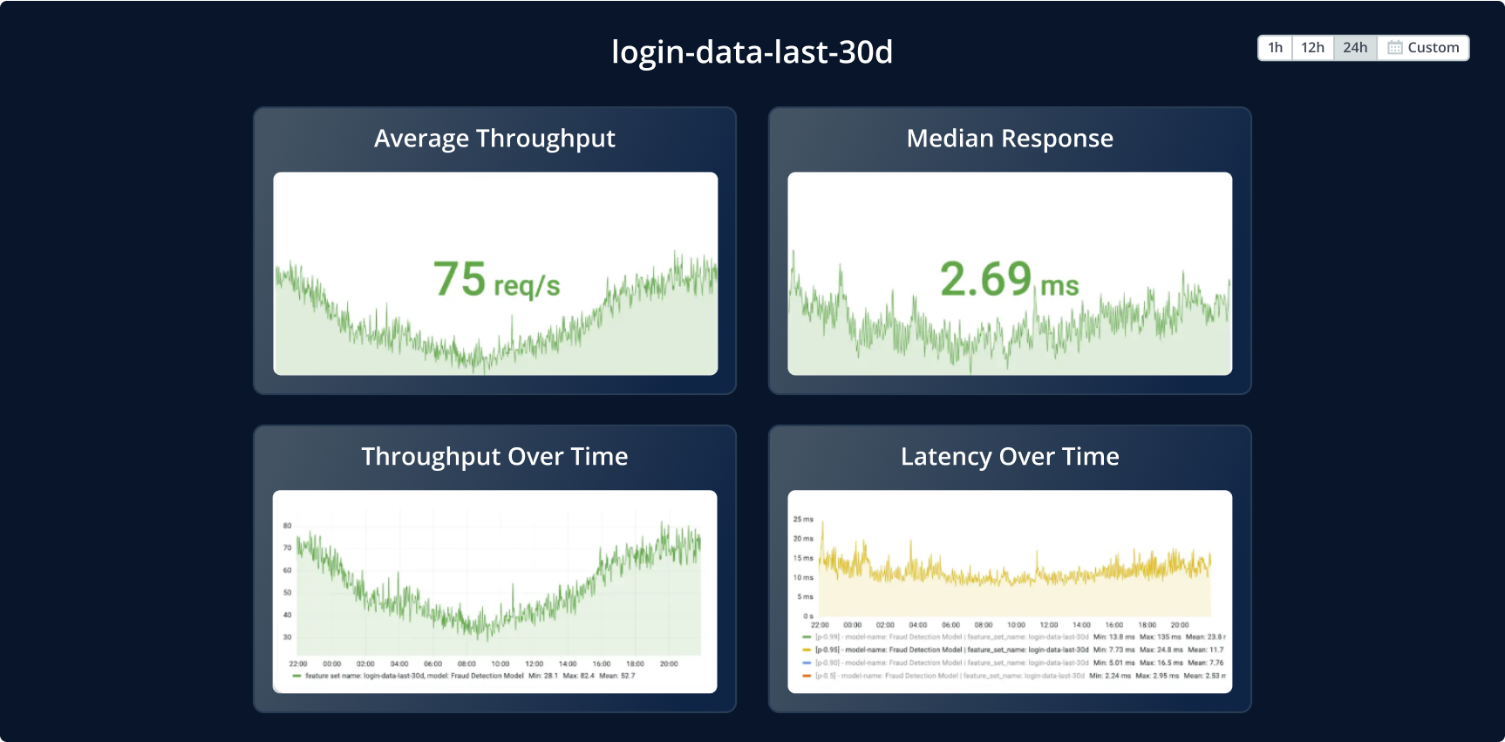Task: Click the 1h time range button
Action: pyautogui.click(x=1275, y=48)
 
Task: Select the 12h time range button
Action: pyautogui.click(x=1312, y=48)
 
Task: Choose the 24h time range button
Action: pyautogui.click(x=1355, y=48)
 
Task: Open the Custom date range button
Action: pyautogui.click(x=1424, y=48)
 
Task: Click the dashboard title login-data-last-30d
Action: pyautogui.click(x=752, y=52)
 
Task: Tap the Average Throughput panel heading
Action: pyautogui.click(x=494, y=139)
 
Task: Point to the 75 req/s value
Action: pyautogui.click(x=496, y=280)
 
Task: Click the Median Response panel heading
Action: pyautogui.click(x=1010, y=139)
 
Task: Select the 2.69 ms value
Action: pyautogui.click(x=1009, y=280)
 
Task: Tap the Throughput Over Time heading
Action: pyautogui.click(x=494, y=457)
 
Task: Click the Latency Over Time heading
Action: pyautogui.click(x=1010, y=457)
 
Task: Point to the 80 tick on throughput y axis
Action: pyautogui.click(x=288, y=526)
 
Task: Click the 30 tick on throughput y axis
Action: pyautogui.click(x=288, y=637)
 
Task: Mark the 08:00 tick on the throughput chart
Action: pyautogui.click(x=466, y=664)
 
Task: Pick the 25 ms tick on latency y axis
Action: pyautogui.click(x=803, y=520)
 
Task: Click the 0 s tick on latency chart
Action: pyautogui.click(x=808, y=616)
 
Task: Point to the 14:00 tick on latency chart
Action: pyautogui.click(x=1081, y=625)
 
